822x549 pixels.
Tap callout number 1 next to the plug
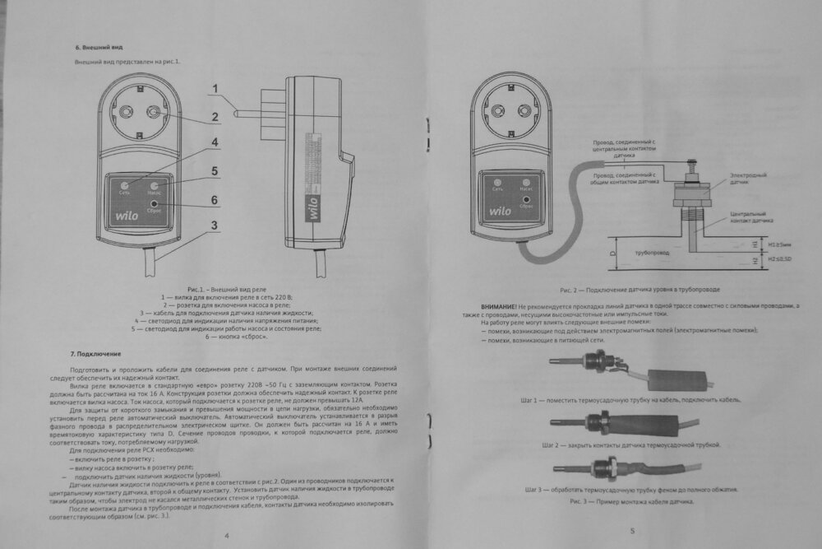pos(215,89)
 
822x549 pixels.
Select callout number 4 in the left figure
pos(215,142)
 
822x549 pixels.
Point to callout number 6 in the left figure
pos(215,199)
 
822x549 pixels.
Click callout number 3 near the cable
pos(215,226)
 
